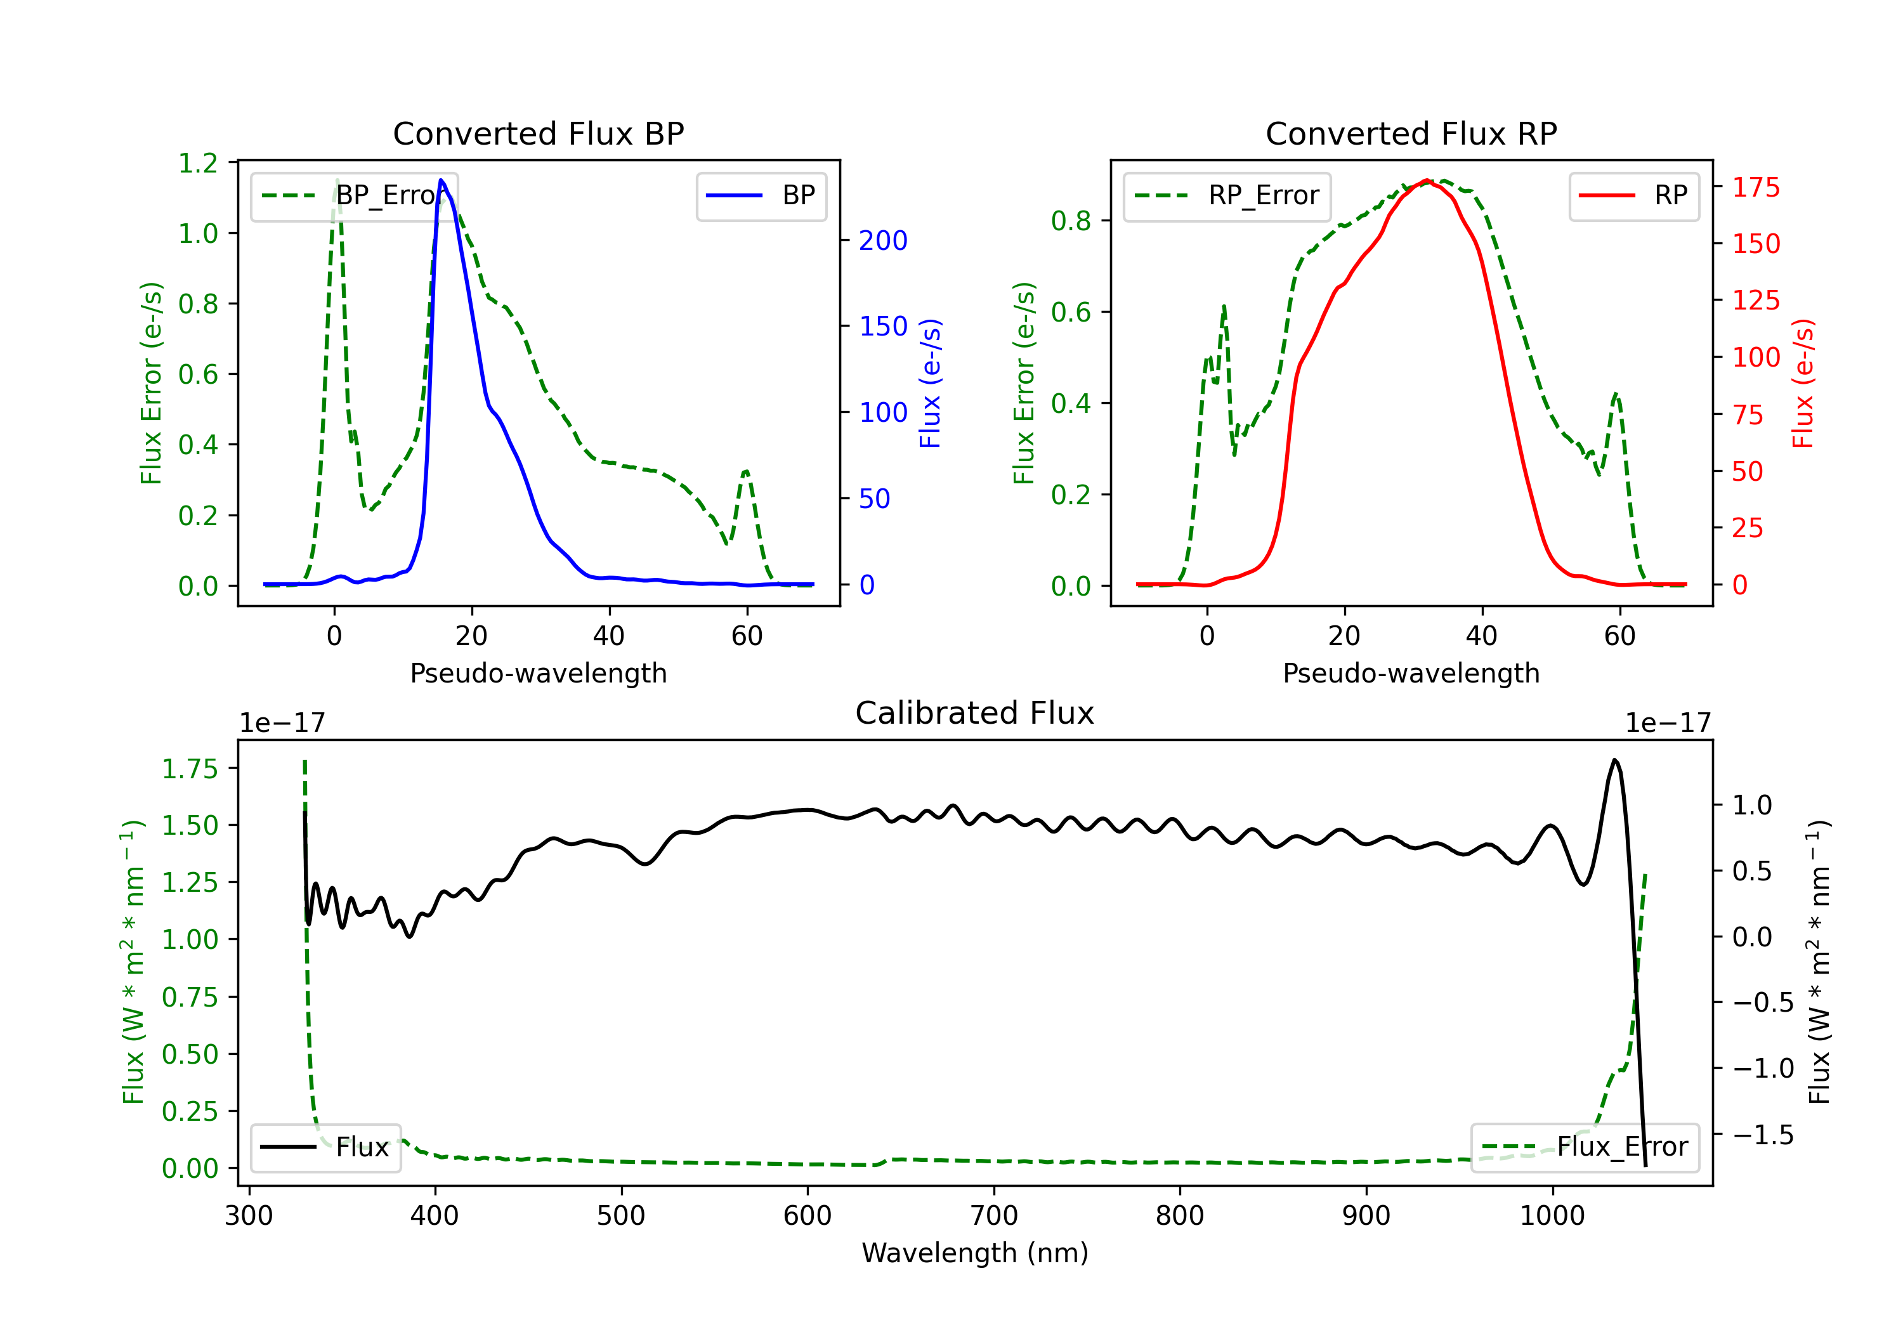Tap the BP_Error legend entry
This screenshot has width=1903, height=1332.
[x=355, y=195]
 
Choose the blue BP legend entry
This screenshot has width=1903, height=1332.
[x=762, y=195]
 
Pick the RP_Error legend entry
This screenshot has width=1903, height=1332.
[x=1227, y=195]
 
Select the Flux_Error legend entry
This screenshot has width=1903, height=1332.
[x=1585, y=1147]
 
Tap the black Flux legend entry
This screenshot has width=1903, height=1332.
[x=326, y=1147]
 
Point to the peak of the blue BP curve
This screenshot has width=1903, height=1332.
[x=441, y=180]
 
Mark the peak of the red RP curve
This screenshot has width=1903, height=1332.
[x=1425, y=180]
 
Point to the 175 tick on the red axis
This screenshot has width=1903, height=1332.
[x=1755, y=187]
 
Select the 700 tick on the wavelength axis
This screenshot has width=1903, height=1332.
[x=994, y=1216]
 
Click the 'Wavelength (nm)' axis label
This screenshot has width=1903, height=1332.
[x=975, y=1253]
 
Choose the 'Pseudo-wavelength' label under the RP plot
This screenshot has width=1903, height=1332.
[x=1411, y=673]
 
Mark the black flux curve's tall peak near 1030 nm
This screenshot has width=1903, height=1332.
[x=1614, y=759]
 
